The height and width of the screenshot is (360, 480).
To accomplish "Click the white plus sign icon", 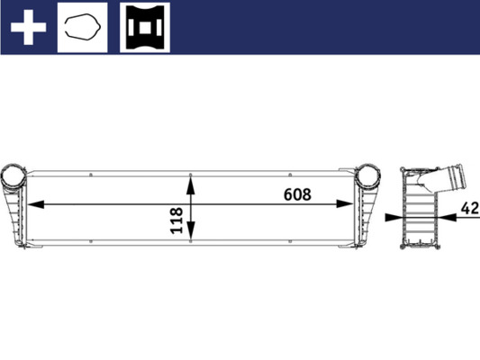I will [28, 27].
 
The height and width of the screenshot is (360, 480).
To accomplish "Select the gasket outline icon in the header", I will [82, 27].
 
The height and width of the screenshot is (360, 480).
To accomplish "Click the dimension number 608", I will [296, 193].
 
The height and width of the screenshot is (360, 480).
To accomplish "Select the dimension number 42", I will [468, 208].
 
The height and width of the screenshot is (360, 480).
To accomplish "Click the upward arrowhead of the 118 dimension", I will [190, 182].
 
